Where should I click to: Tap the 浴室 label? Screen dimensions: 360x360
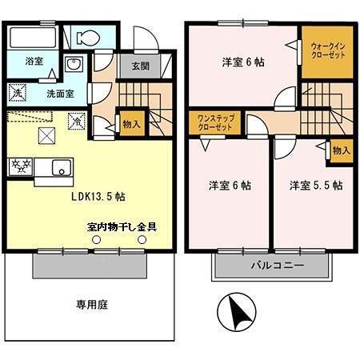(x=33, y=61)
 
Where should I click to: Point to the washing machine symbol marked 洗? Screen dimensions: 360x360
(x=18, y=93)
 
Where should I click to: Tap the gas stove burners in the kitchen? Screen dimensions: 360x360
(x=19, y=167)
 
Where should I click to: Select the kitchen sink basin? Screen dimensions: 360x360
(x=61, y=168)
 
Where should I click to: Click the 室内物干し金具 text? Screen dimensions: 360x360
(x=122, y=226)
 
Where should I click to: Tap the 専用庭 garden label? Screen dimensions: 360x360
(x=91, y=304)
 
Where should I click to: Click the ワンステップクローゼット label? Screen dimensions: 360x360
(x=215, y=123)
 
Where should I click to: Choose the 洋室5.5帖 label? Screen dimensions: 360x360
(x=316, y=185)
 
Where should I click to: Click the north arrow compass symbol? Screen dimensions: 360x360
(x=237, y=310)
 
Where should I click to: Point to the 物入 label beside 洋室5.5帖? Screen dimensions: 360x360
(x=340, y=150)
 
